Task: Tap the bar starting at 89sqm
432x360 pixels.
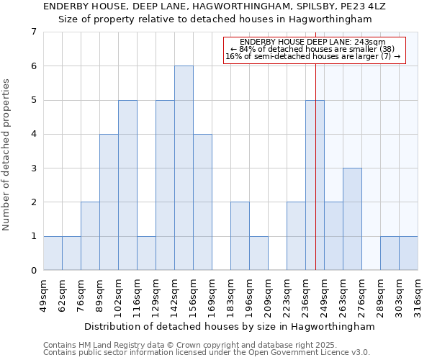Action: pos(109,202)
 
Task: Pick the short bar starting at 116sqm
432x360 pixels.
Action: pos(146,253)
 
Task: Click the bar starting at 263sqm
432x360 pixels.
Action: pos(352,219)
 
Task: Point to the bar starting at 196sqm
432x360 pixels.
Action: pos(258,253)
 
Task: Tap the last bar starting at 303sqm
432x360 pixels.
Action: pos(408,253)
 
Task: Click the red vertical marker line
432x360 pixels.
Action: pos(315,180)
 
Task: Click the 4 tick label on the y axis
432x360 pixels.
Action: pos(33,134)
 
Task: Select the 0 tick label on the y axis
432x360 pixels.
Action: pos(33,271)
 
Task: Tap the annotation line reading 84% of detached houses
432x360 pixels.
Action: pos(312,49)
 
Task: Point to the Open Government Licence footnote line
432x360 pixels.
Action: pos(207,353)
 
